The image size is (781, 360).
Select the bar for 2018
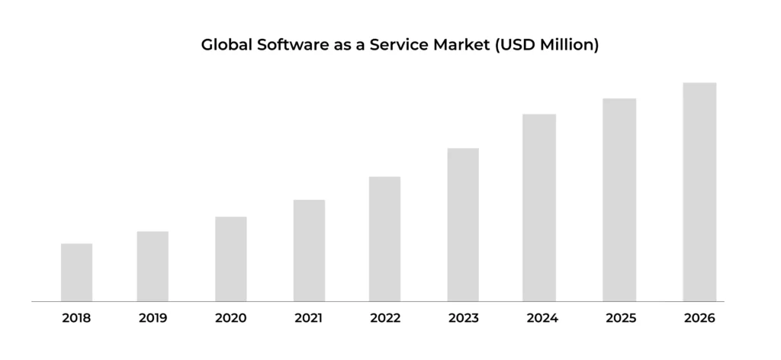coord(76,272)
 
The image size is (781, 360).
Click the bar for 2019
coord(153,266)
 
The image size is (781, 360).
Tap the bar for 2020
coord(230,259)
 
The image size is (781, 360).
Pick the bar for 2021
coord(309,250)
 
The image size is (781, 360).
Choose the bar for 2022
coord(384,239)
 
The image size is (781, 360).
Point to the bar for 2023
coord(463,225)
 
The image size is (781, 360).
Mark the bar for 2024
coord(539,207)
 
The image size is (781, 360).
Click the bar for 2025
coord(619,200)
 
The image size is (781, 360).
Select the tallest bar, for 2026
coord(699,192)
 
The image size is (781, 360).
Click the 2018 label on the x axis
coord(76,318)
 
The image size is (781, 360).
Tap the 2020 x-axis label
coord(230,318)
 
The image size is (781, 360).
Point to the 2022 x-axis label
coord(385,318)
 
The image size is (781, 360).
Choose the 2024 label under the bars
coord(541,318)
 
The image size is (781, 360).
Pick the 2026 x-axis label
coord(699,318)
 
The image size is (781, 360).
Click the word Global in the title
coord(225,45)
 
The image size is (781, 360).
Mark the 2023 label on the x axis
coord(463,318)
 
